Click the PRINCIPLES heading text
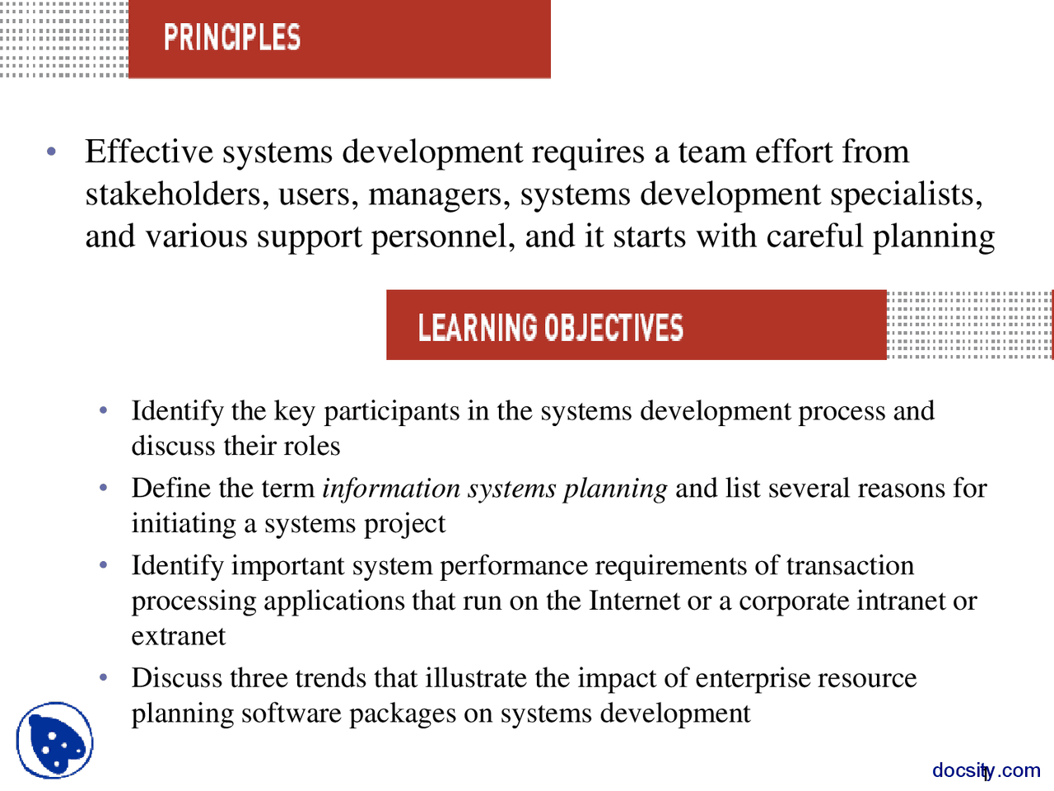pos(232,38)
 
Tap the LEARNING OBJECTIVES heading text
pos(550,327)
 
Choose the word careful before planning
pos(814,236)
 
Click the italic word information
pos(391,489)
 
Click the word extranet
pos(178,636)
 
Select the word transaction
pos(850,566)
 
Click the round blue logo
pos(54,741)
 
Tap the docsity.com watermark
pos(986,770)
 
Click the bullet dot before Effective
pos(52,152)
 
